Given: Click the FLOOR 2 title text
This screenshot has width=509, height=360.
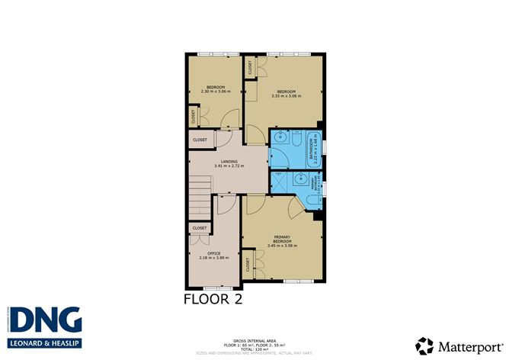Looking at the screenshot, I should coord(213,299).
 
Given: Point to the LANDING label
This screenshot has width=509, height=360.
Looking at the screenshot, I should coord(229,161).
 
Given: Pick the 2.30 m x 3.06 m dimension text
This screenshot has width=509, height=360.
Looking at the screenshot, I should coord(215,92).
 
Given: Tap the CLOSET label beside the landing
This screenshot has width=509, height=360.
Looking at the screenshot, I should coord(200,140).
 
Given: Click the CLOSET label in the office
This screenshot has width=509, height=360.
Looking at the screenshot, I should coord(199,228).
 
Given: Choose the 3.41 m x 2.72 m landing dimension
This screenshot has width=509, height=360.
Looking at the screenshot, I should coord(229,166).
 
